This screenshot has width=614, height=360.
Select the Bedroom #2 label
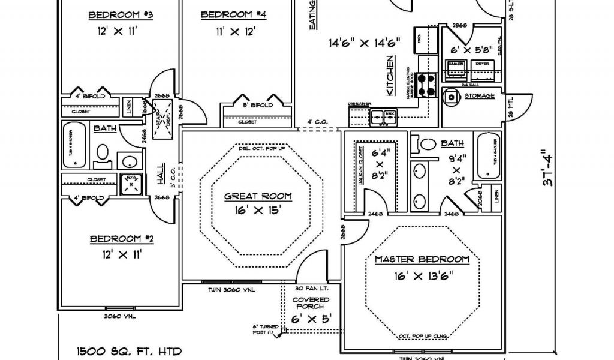[122, 239]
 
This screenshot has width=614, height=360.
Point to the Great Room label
[258, 196]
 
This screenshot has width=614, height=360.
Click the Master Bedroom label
[422, 259]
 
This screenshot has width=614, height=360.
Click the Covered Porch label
[311, 303]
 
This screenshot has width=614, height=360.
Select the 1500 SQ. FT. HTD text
[128, 351]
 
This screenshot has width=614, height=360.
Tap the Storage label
[480, 95]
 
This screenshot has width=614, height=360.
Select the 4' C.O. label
[317, 122]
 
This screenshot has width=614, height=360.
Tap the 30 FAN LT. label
[310, 289]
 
